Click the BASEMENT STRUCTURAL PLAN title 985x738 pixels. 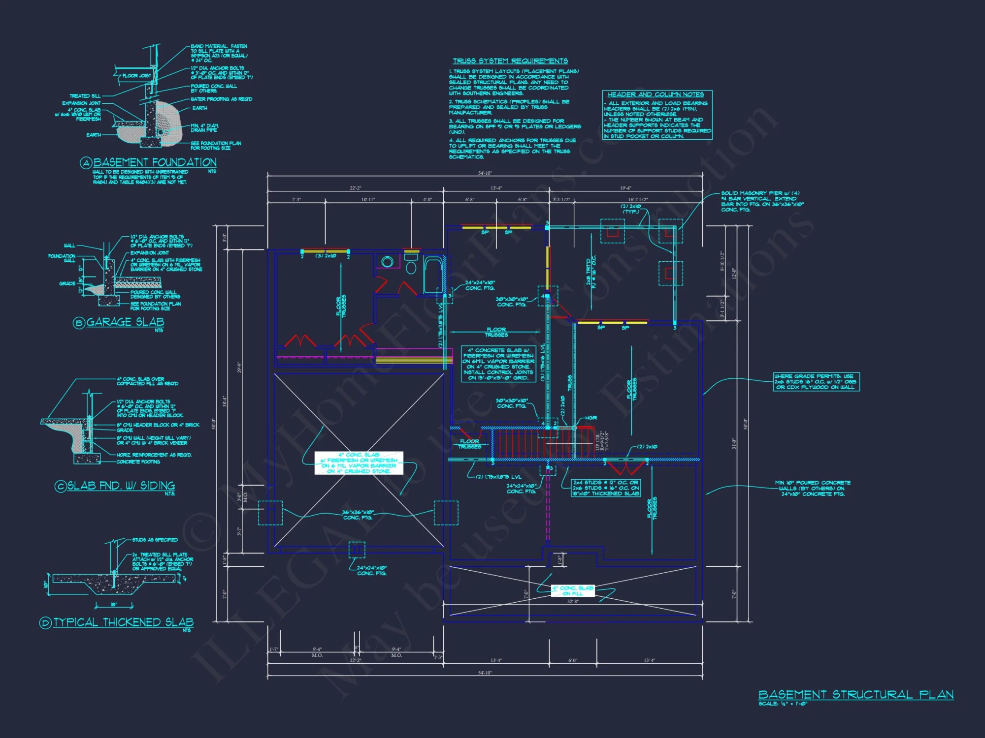tap(855, 694)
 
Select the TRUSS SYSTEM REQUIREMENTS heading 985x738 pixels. tap(510, 61)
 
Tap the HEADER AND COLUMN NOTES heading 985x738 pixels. tap(656, 94)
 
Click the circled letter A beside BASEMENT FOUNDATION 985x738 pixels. tap(86, 163)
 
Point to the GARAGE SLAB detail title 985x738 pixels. tap(125, 322)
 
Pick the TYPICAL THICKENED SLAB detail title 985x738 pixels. tap(123, 622)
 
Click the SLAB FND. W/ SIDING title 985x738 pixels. tap(121, 486)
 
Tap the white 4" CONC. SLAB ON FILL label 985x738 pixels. tap(572, 591)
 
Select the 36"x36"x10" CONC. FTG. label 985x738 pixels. tap(358, 515)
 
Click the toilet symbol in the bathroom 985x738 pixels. tap(411, 266)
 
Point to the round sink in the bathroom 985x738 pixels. tap(388, 262)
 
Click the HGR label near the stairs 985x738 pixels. tap(591, 418)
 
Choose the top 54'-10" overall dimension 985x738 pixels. tap(485, 173)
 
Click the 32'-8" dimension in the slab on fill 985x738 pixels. tap(572, 601)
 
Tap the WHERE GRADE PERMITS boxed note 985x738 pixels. tap(816, 382)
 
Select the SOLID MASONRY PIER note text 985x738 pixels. tap(762, 201)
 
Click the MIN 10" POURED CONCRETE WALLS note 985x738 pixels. tap(813, 488)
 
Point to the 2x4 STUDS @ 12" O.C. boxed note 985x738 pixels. tap(605, 488)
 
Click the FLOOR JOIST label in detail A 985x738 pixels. tap(136, 76)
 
